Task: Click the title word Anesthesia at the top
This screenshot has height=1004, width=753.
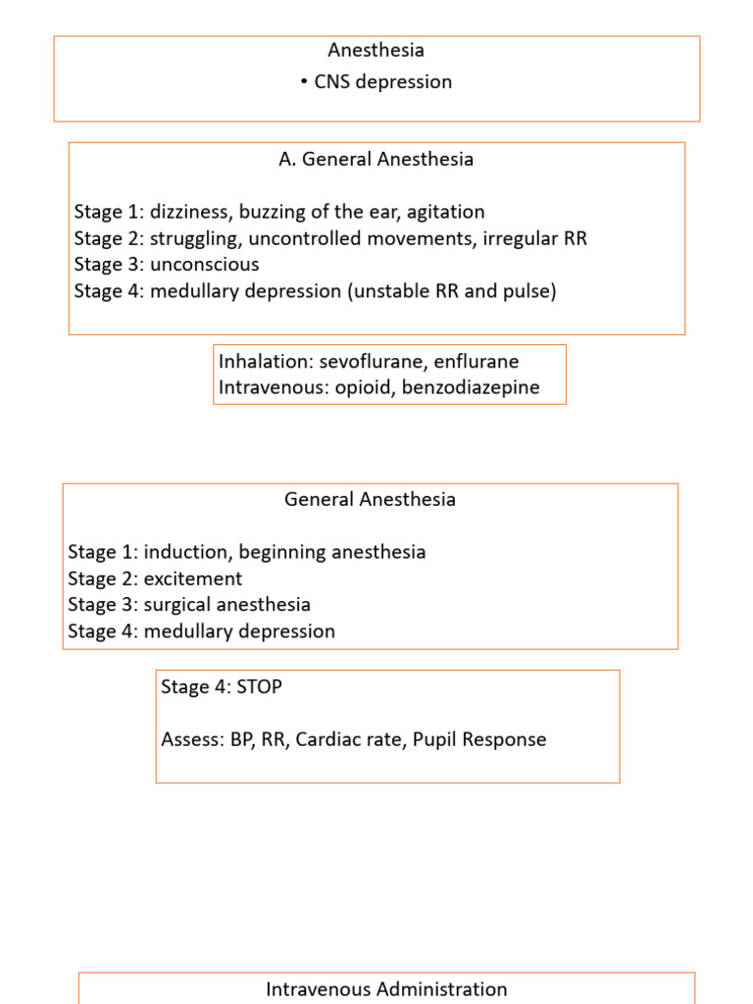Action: pyautogui.click(x=377, y=50)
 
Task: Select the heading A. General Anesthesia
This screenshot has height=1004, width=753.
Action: pyautogui.click(x=376, y=159)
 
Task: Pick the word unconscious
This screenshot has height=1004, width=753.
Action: pyautogui.click(x=204, y=265)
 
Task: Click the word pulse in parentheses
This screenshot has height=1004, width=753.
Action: pyautogui.click(x=527, y=291)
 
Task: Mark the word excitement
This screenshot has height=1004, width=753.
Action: pyautogui.click(x=193, y=578)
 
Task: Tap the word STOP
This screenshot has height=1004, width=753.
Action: pyautogui.click(x=260, y=686)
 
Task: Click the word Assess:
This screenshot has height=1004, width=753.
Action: pyautogui.click(x=192, y=739)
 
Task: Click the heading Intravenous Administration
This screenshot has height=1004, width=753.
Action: pyautogui.click(x=386, y=989)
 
